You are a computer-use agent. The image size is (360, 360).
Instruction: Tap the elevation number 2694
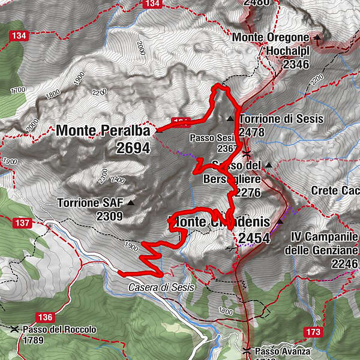[x=133, y=148]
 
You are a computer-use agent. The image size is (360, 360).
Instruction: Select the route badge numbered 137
[x=22, y=223]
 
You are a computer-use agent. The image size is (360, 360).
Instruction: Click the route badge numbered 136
[x=44, y=317]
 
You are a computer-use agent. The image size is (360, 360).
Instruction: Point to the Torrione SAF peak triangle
[x=130, y=202]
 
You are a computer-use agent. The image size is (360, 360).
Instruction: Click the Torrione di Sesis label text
[x=281, y=119]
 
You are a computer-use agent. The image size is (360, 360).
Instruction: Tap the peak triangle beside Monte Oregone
[x=317, y=37]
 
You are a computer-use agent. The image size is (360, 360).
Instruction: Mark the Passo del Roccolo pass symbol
[x=15, y=329]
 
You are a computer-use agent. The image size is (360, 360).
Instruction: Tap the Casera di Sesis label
[x=161, y=287]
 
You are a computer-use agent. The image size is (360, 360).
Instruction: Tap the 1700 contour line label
[x=18, y=89]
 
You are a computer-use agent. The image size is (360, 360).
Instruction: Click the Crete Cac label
[x=335, y=190]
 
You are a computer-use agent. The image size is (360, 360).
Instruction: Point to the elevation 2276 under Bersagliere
[x=247, y=193]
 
